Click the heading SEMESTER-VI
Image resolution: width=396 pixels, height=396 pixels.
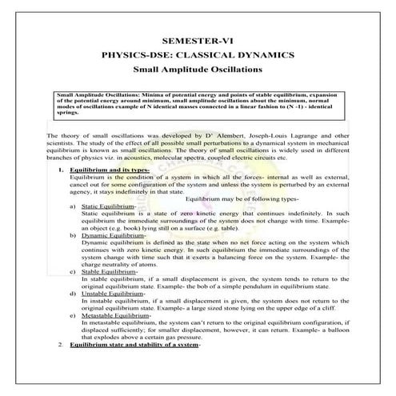click(198, 39)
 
